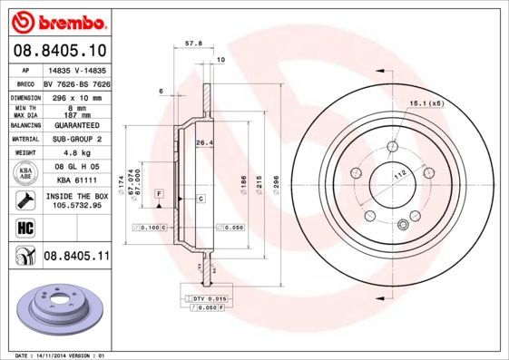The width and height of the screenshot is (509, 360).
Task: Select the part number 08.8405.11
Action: point(76,257)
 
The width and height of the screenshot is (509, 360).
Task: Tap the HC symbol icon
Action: point(24,227)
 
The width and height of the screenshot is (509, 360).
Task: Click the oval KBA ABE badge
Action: point(24,174)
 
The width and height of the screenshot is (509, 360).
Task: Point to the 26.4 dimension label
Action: point(204,142)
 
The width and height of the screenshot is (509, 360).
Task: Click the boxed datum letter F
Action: point(159,194)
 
